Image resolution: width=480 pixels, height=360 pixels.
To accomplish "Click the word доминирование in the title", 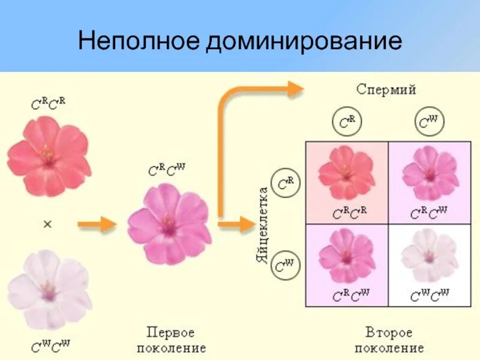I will coord(304,41).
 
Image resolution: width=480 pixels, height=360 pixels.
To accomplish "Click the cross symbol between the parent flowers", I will coord(48,224).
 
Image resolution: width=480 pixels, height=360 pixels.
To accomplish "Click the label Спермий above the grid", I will coord(386,90).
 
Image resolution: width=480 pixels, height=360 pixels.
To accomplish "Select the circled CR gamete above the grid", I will coord(347,122).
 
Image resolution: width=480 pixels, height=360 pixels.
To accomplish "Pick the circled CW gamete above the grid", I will coord(428,122).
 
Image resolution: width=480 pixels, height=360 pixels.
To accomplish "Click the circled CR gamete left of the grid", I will coord(286,182).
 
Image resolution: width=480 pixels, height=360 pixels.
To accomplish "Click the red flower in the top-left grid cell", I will coord(346,173).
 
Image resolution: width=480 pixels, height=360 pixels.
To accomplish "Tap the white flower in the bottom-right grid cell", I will coord(429,255).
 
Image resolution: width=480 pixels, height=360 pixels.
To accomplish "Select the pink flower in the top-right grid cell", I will coord(429,173).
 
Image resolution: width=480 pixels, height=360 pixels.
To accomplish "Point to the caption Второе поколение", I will coord(389,340).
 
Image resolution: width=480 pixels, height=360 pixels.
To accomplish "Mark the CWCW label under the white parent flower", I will coord(50,345).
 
